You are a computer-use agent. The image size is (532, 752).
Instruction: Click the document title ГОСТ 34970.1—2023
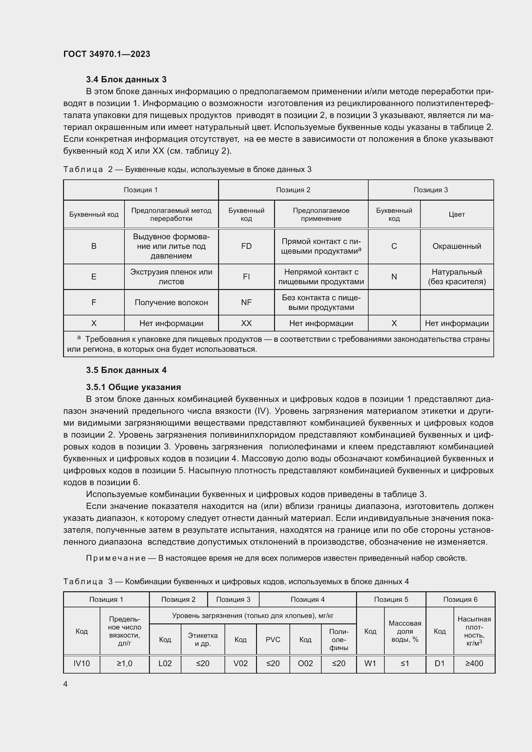106,54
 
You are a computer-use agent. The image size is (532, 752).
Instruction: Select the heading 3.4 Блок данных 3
126,79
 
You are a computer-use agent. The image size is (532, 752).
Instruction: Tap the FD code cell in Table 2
246,246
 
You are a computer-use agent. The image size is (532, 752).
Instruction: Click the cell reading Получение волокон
171,302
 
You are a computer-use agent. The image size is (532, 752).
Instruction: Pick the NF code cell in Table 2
246,302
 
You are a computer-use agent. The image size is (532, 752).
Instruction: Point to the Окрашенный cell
456,246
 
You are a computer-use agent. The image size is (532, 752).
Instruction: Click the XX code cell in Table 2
246,323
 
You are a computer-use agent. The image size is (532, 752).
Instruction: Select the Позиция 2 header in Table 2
293,190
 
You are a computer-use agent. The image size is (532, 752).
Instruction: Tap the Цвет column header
456,214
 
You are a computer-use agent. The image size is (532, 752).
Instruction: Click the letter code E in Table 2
94,276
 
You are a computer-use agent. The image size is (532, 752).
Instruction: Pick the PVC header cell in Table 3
273,640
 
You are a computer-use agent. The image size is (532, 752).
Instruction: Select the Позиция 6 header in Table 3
460,599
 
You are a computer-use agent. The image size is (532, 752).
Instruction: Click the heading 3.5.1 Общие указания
133,387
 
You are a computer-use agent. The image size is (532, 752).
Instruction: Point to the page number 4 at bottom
65,684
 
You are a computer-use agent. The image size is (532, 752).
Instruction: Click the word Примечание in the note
116,558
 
